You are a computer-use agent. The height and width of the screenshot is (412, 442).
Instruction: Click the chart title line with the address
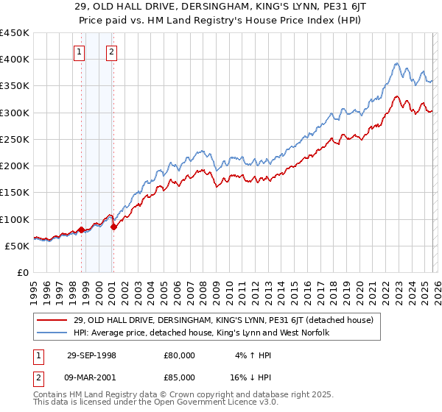(x=221, y=7)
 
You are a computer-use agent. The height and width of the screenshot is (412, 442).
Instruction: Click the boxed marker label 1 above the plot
(x=79, y=51)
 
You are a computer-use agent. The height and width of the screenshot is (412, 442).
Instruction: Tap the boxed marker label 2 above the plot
(x=111, y=51)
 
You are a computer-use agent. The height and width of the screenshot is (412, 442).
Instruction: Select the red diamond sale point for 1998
(x=81, y=230)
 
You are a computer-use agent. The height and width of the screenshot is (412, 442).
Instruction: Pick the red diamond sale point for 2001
(x=113, y=227)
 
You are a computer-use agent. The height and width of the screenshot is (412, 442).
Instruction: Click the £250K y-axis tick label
(x=15, y=139)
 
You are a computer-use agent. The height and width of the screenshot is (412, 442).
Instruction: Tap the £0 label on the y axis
(x=22, y=272)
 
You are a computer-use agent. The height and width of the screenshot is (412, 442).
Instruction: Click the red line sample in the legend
(x=52, y=320)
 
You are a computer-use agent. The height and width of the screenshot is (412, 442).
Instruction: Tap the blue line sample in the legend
(x=52, y=333)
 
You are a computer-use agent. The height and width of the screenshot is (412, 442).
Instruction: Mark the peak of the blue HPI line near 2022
(x=396, y=63)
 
